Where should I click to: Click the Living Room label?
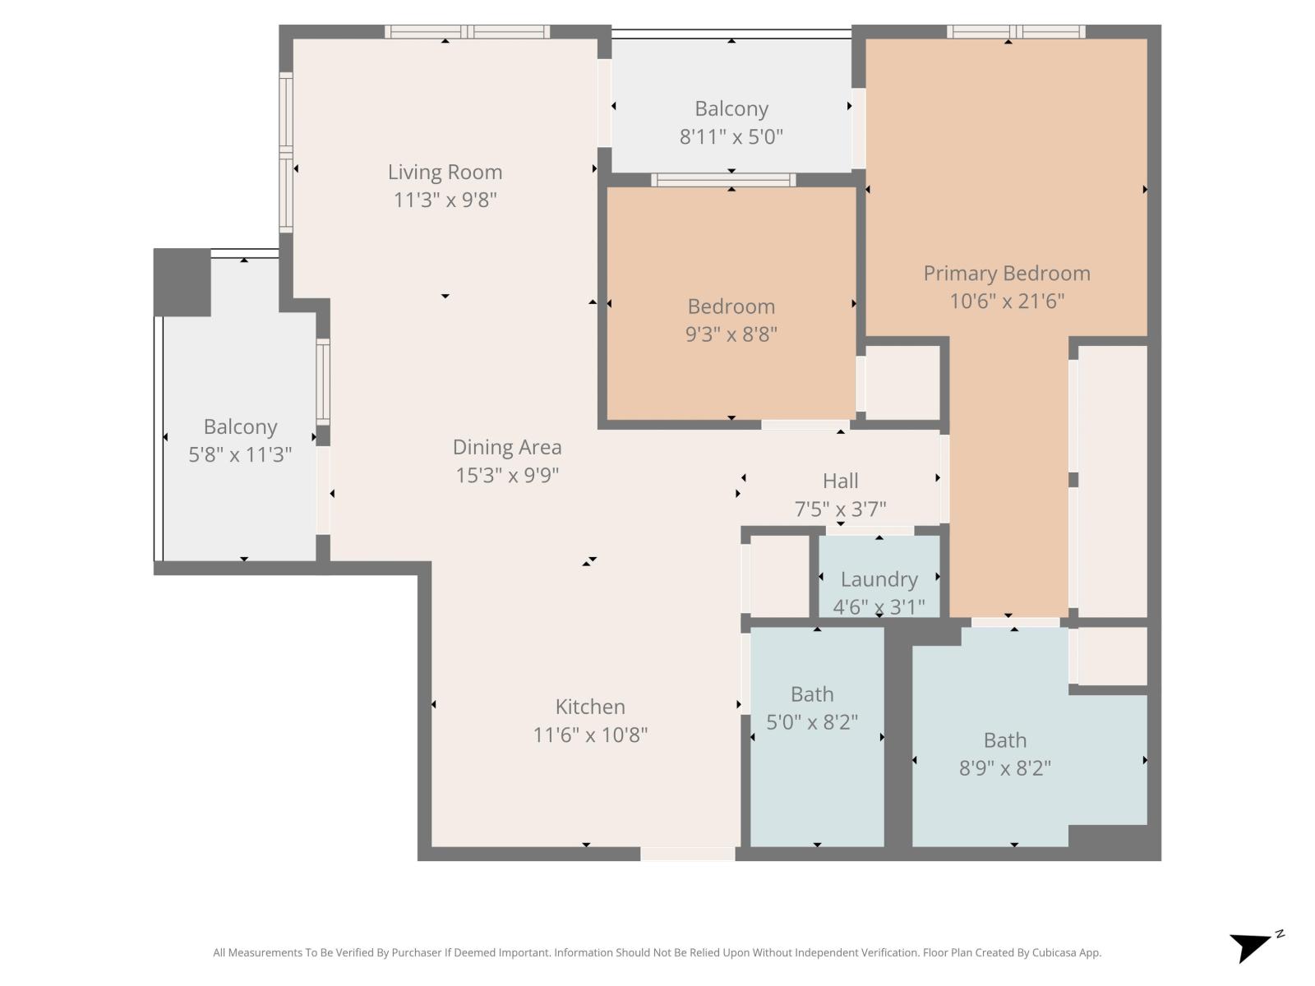(445, 173)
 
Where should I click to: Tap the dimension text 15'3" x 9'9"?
(507, 475)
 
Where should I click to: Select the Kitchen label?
(590, 707)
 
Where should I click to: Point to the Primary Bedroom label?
(1007, 274)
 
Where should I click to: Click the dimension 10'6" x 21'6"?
(1007, 301)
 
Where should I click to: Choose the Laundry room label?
(879, 579)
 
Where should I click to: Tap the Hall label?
(840, 481)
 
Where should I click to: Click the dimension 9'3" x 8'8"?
(731, 334)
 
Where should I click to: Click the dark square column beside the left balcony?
(182, 282)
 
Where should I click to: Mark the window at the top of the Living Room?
(468, 32)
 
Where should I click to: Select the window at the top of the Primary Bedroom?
(1016, 32)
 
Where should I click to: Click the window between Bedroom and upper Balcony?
(723, 180)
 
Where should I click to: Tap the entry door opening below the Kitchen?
(687, 855)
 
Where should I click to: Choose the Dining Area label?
(507, 448)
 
